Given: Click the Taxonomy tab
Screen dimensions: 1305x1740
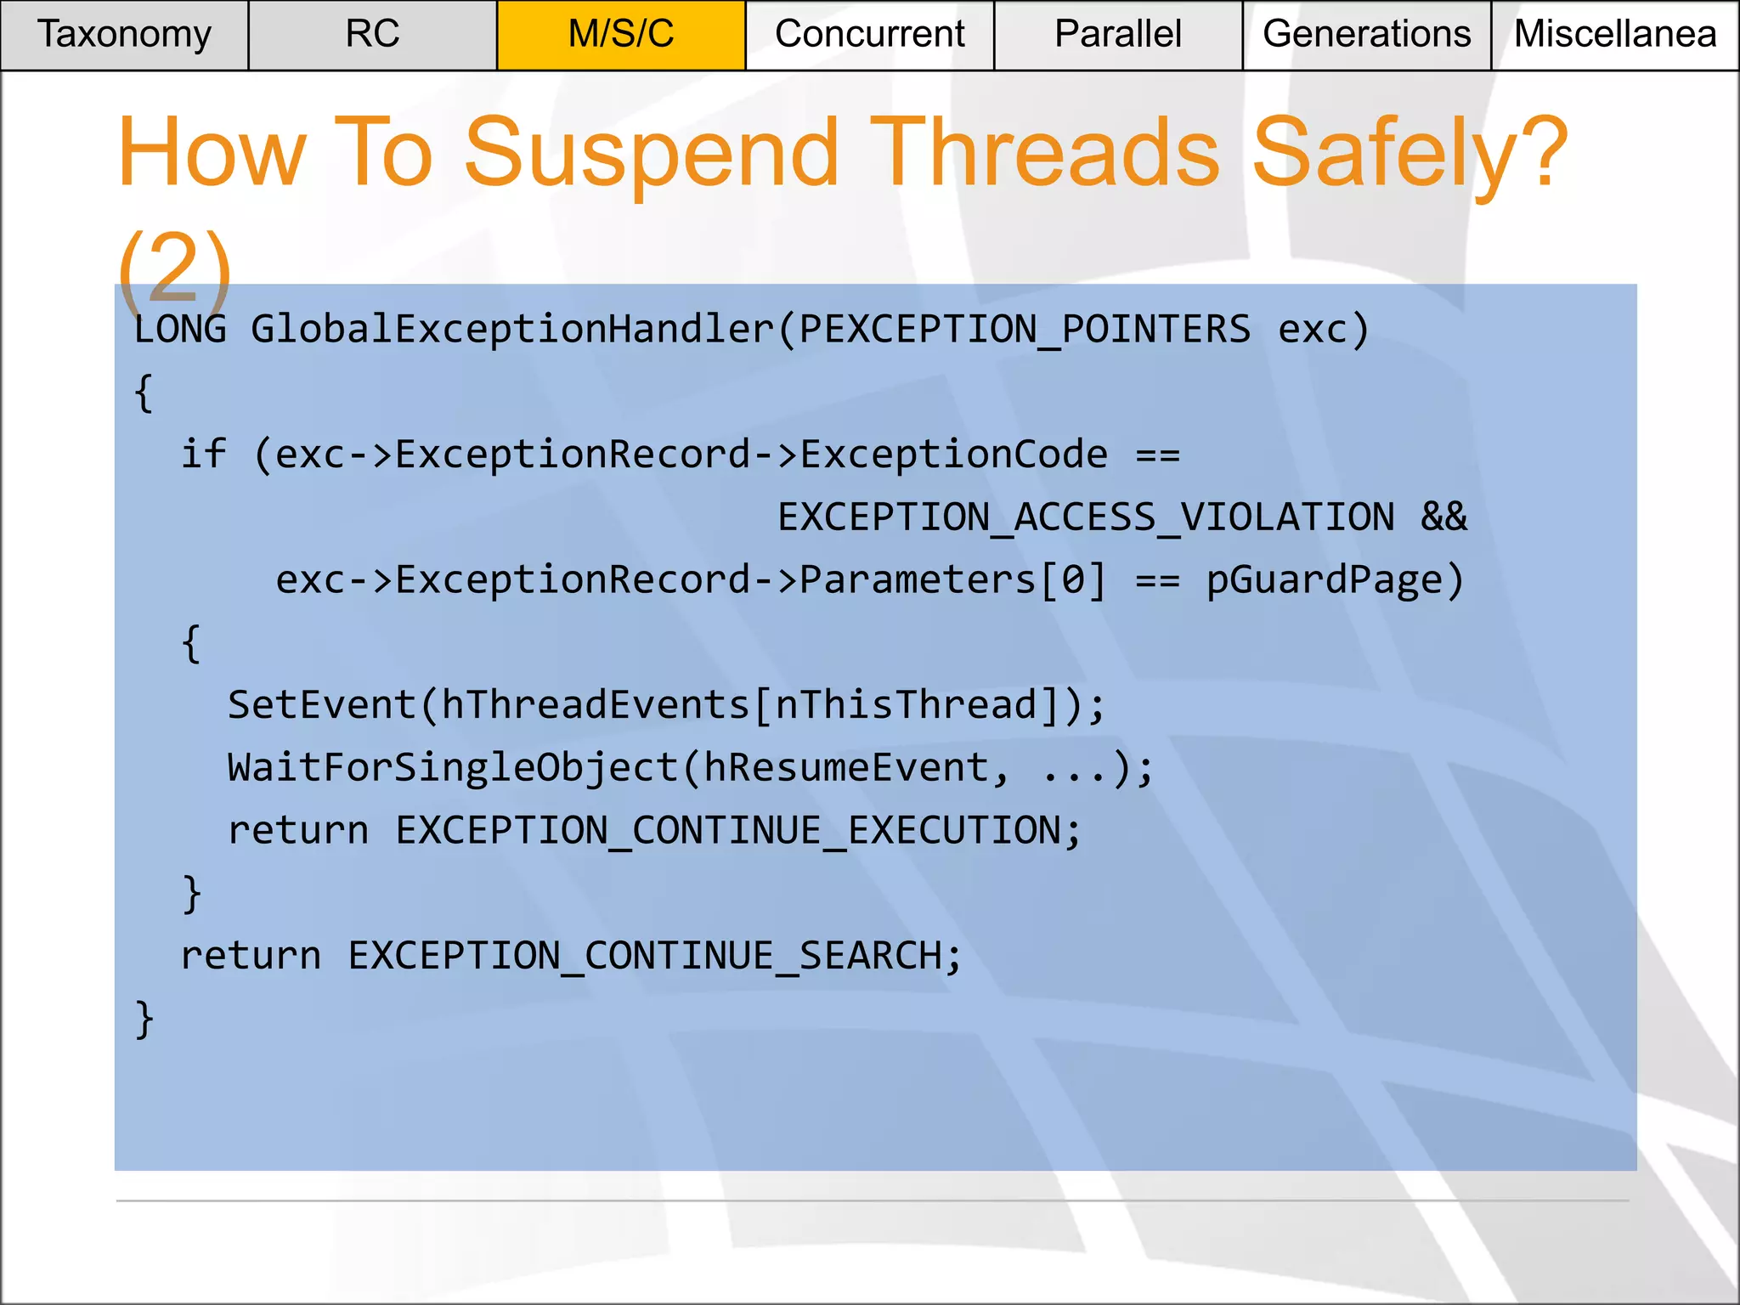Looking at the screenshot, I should (124, 35).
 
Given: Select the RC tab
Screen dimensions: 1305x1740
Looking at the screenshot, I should (372, 35).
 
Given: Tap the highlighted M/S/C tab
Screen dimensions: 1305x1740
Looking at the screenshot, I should (621, 35).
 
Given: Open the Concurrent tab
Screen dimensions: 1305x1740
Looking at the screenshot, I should (869, 35).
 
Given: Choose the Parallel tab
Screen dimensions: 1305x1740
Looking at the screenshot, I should (1118, 35).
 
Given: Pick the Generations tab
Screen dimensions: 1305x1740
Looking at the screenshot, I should (1366, 35).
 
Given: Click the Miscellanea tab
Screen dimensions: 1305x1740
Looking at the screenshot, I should (1615, 35).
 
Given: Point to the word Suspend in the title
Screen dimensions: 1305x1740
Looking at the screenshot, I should (652, 154).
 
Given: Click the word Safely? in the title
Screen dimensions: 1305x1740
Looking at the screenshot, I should (1410, 154).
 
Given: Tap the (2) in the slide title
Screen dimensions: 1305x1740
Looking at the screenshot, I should (174, 268).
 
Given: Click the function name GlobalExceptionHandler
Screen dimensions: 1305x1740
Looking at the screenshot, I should (511, 330).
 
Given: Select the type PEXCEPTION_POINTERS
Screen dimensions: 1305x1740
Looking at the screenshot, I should (1025, 330).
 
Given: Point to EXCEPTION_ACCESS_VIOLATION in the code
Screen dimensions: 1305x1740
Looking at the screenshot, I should (1086, 517).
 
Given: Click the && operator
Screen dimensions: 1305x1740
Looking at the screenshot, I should (1444, 517).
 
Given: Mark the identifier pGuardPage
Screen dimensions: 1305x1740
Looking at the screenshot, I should (1325, 580).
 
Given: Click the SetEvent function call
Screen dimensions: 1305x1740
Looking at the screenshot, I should (322, 705).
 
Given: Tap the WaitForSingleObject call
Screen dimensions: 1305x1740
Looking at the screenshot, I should (452, 768).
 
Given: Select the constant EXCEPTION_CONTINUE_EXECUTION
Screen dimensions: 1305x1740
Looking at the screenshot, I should (728, 831).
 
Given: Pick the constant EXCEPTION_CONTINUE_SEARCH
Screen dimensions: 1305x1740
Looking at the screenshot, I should (645, 956).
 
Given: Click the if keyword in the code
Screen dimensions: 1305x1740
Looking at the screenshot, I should (204, 455).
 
